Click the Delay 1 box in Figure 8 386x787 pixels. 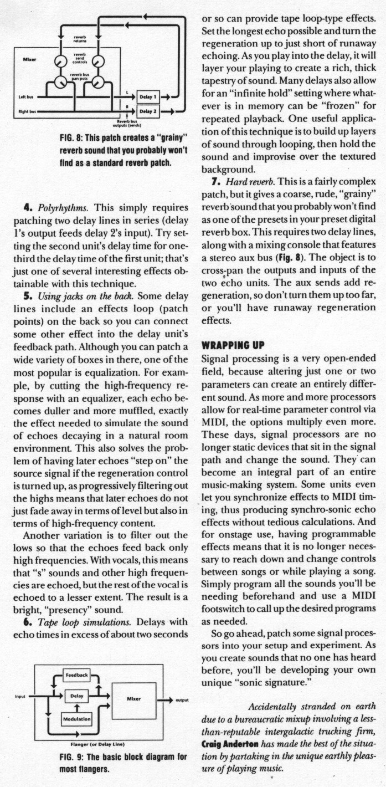pos(147,97)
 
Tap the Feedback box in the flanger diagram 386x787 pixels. pos(78,676)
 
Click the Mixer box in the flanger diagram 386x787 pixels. pos(133,699)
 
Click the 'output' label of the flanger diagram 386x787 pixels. pos(182,701)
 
